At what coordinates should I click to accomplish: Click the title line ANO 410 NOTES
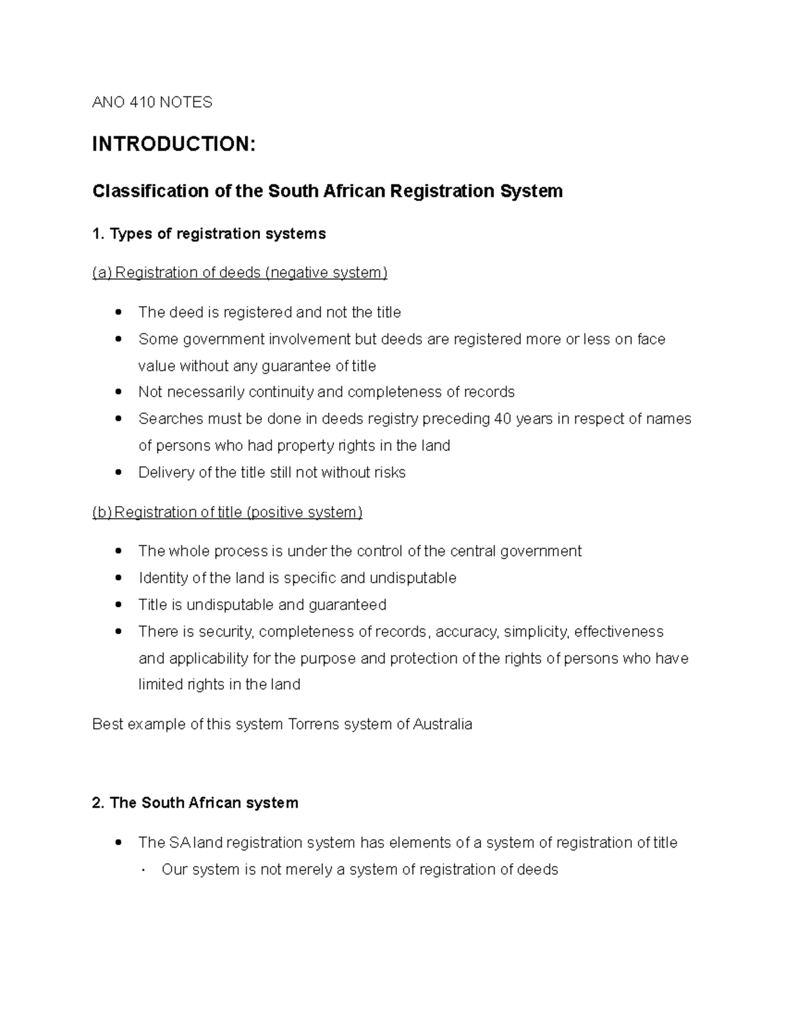pyautogui.click(x=152, y=102)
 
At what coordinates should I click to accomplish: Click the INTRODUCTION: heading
pyautogui.click(x=174, y=144)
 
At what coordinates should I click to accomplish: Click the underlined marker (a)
pyautogui.click(x=102, y=273)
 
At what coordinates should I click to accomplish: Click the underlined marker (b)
pyautogui.click(x=102, y=512)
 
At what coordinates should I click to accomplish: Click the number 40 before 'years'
pyautogui.click(x=503, y=419)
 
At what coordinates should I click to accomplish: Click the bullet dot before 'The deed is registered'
pyautogui.click(x=118, y=313)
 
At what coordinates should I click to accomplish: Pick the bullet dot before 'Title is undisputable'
pyautogui.click(x=118, y=605)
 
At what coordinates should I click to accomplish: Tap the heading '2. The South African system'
pyautogui.click(x=195, y=803)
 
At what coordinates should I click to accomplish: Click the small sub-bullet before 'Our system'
pyautogui.click(x=143, y=871)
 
